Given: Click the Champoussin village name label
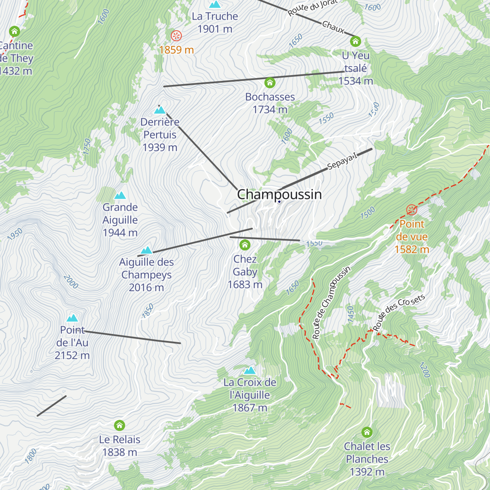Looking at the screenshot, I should tap(279, 194).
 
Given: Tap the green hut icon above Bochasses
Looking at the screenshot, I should tap(269, 83).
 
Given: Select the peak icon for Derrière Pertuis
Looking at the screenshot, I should tap(160, 110).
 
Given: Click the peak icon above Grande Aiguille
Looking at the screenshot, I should tap(120, 196).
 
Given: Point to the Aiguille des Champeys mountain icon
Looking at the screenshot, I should tap(146, 250).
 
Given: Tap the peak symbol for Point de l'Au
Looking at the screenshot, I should tap(72, 318).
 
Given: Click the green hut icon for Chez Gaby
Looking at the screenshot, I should tap(245, 245).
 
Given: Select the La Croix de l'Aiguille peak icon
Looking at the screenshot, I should tap(249, 370).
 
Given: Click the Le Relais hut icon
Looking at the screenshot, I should tap(119, 425).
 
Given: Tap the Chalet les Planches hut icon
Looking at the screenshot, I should tap(367, 432).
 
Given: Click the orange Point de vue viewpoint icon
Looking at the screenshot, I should tap(412, 210).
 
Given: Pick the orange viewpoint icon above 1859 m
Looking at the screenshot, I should tap(176, 36).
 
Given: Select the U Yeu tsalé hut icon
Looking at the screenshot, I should tap(355, 41).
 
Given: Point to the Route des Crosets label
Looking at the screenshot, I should tap(399, 312).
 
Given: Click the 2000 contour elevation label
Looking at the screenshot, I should tap(71, 282).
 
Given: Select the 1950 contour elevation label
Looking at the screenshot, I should tap(15, 234).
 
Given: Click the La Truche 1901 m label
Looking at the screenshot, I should tap(215, 22).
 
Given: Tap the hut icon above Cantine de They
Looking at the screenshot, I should tap(15, 31).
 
